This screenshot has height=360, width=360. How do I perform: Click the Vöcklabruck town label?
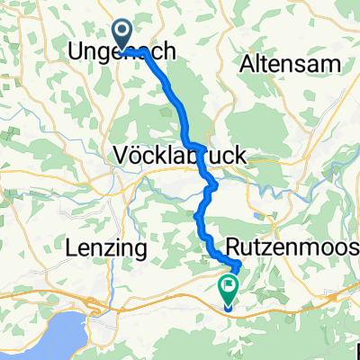click(x=181, y=156)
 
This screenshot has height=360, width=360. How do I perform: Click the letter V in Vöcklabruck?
click(x=121, y=156)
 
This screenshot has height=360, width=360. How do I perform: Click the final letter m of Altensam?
click(x=332, y=64)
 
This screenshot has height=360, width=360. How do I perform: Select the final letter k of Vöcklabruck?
click(x=241, y=156)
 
